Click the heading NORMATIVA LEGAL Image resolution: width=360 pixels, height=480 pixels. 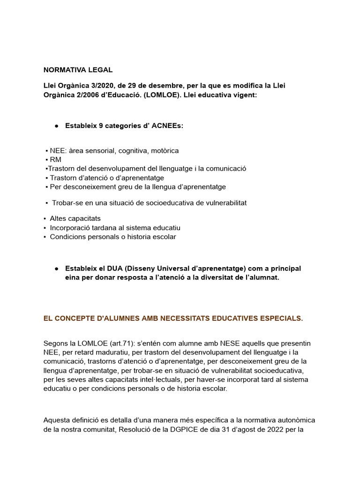click(78, 70)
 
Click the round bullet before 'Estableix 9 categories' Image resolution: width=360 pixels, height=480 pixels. click(56, 126)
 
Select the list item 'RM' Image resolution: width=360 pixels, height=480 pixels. click(55, 160)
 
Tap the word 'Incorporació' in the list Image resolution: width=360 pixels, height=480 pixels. click(70, 228)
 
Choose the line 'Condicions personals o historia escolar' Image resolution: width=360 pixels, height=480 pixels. click(112, 237)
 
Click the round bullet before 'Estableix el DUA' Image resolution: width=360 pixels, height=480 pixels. click(56, 269)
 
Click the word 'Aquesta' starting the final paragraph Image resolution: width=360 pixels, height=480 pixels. click(56, 420)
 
